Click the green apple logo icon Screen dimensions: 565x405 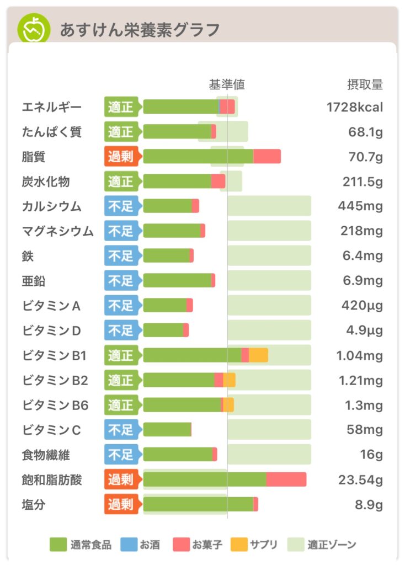(x=33, y=29)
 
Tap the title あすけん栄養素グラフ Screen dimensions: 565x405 (x=140, y=29)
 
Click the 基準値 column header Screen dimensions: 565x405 (x=227, y=84)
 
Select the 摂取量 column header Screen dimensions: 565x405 (x=364, y=84)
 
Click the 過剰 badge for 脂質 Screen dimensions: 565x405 (x=121, y=157)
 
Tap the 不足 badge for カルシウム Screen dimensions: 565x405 (x=121, y=206)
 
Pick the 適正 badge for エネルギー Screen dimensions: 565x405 (x=121, y=107)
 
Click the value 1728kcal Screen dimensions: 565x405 (x=354, y=107)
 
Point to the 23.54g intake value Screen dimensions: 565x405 (x=360, y=480)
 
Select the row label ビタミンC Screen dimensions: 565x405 (x=51, y=430)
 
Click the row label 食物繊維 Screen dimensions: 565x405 (x=46, y=455)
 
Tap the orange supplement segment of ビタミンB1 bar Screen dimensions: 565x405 (x=258, y=355)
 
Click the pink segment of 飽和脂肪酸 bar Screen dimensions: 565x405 (x=286, y=479)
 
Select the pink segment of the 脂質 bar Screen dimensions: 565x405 (x=267, y=157)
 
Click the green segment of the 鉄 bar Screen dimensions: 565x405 (x=166, y=256)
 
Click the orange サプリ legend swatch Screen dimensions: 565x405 (x=238, y=545)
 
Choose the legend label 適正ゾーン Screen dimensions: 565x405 (x=332, y=545)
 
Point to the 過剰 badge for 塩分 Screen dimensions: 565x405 (x=121, y=504)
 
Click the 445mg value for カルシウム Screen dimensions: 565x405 (x=360, y=206)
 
